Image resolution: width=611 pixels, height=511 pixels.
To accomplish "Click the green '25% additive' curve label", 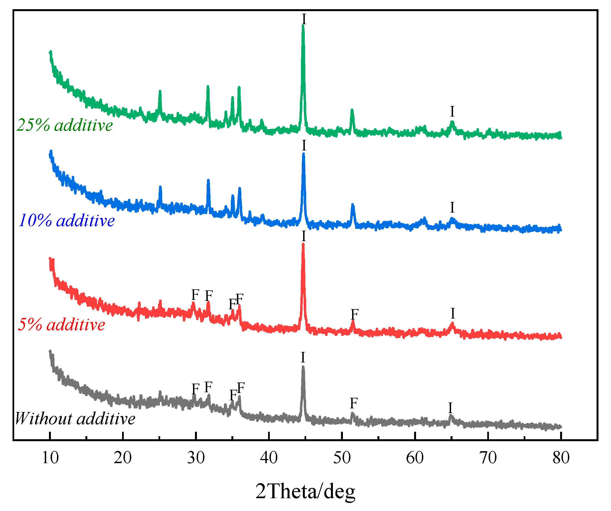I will [65, 125].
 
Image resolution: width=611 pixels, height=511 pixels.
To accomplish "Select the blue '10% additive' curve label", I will [67, 221].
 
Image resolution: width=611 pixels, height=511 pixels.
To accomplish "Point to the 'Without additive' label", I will [75, 419].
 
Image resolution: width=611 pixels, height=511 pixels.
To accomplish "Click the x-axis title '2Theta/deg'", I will [305, 492].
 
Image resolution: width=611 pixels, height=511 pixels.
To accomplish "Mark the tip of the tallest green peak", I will [303, 26].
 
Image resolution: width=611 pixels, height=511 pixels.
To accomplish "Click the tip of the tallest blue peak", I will [303, 154].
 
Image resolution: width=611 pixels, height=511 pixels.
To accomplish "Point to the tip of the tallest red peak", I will [303, 244].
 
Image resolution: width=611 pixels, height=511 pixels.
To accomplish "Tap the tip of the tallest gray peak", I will [303, 367].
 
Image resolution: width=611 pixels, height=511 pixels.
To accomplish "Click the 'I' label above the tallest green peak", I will [304, 19].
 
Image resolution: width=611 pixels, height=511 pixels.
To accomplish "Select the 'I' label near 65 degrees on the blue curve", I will [452, 208].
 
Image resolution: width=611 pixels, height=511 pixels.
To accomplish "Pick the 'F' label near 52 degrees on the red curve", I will [354, 314].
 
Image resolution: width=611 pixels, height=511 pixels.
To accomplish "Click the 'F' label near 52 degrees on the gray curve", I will [353, 403].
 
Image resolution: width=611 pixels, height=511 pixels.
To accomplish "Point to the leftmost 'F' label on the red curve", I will [195, 295].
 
